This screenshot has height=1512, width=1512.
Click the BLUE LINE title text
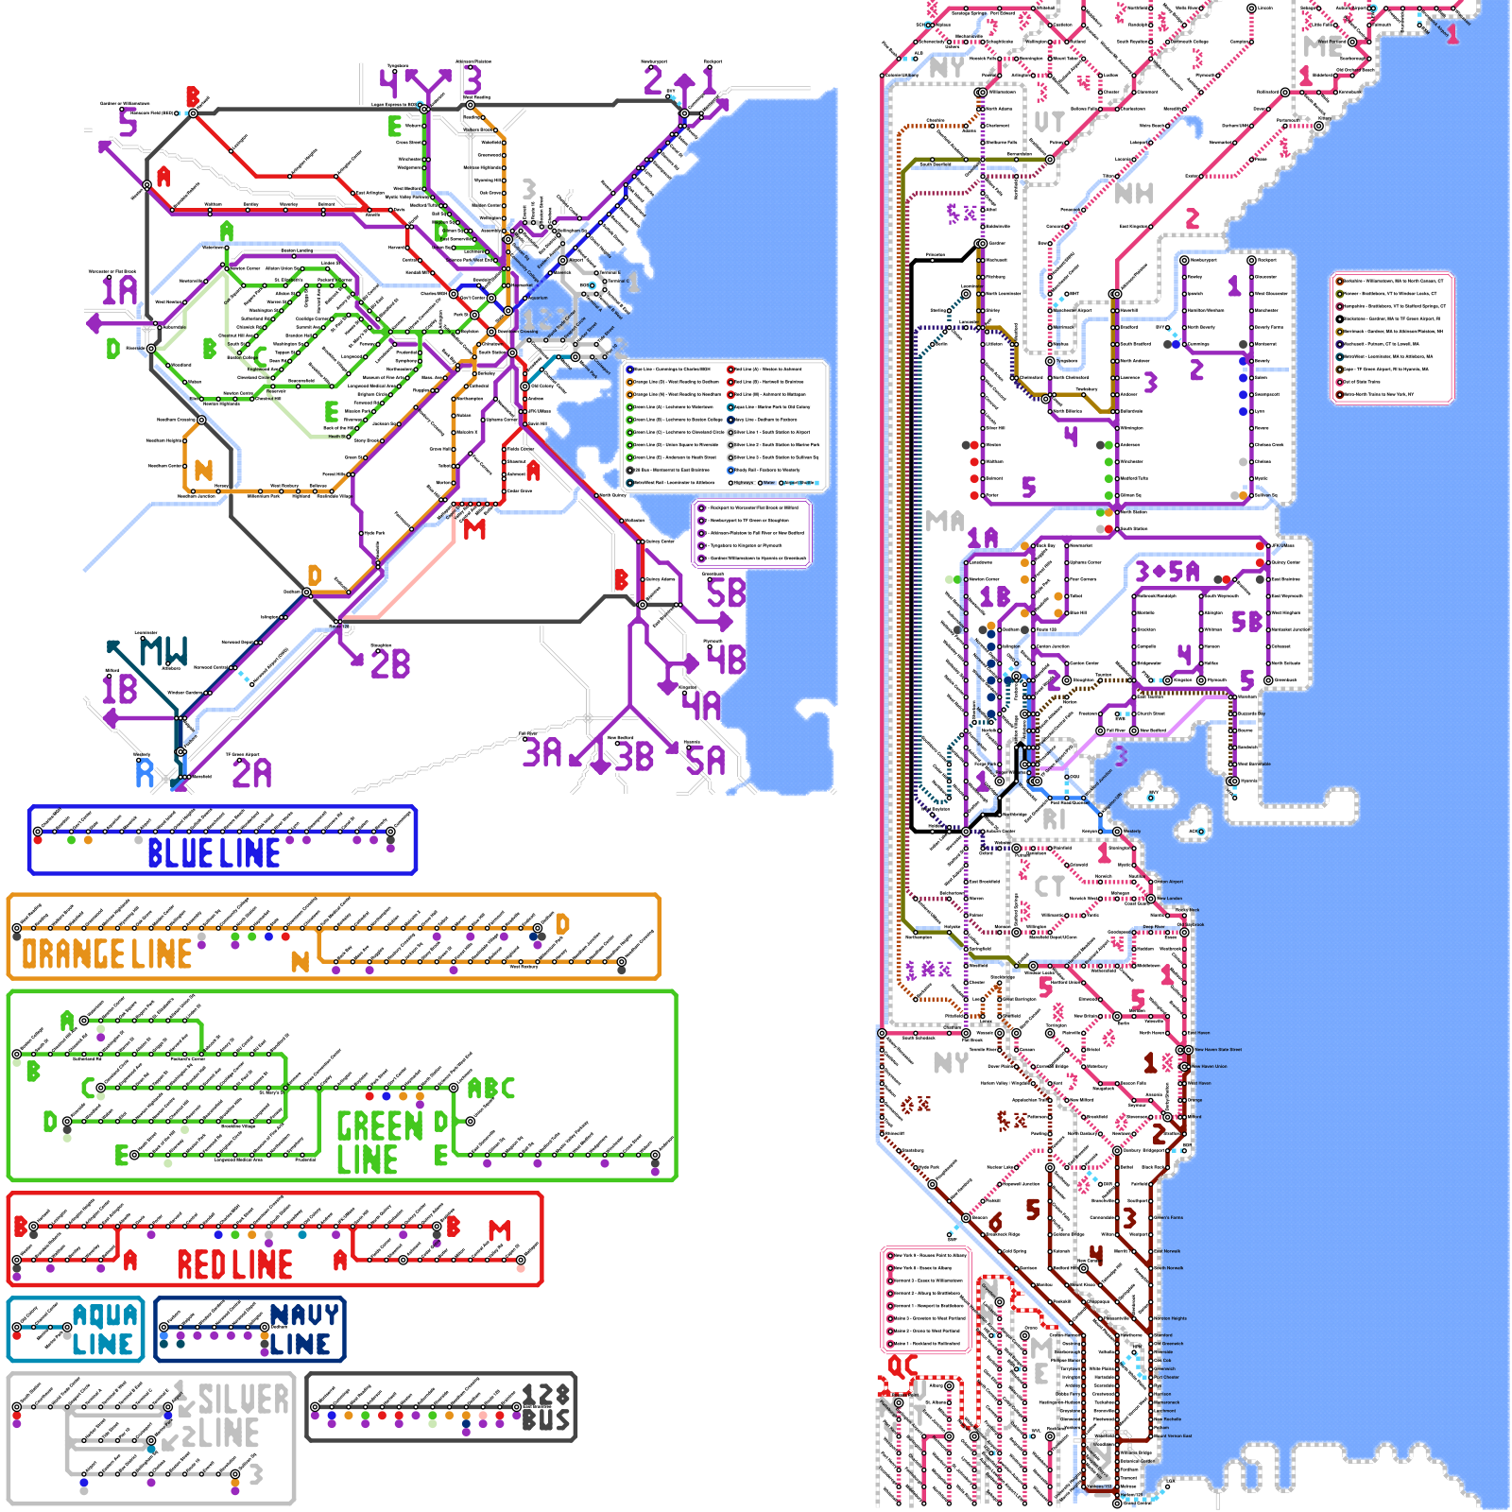point(214,853)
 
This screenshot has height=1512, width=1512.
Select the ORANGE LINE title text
point(107,954)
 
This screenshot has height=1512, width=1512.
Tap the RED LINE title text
point(234,1264)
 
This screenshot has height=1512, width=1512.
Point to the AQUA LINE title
point(104,1330)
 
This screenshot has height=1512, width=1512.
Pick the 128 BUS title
point(546,1408)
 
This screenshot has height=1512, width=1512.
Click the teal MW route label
point(164,652)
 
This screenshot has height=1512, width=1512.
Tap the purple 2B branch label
point(390,664)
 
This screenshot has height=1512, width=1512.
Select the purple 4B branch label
point(726,660)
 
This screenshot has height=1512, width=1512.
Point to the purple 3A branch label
point(542,753)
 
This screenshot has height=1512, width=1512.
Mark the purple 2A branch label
point(252,774)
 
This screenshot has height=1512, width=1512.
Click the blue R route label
point(145,774)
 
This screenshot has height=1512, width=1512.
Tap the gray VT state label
point(1049,122)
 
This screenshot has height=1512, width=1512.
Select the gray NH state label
point(1134,194)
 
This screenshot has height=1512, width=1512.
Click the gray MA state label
point(945,521)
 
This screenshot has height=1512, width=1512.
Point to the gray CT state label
point(1049,886)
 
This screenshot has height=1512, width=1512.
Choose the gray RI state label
point(1054,820)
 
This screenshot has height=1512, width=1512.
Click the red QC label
point(902,1366)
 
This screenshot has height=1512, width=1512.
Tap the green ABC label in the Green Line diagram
point(491,1089)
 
